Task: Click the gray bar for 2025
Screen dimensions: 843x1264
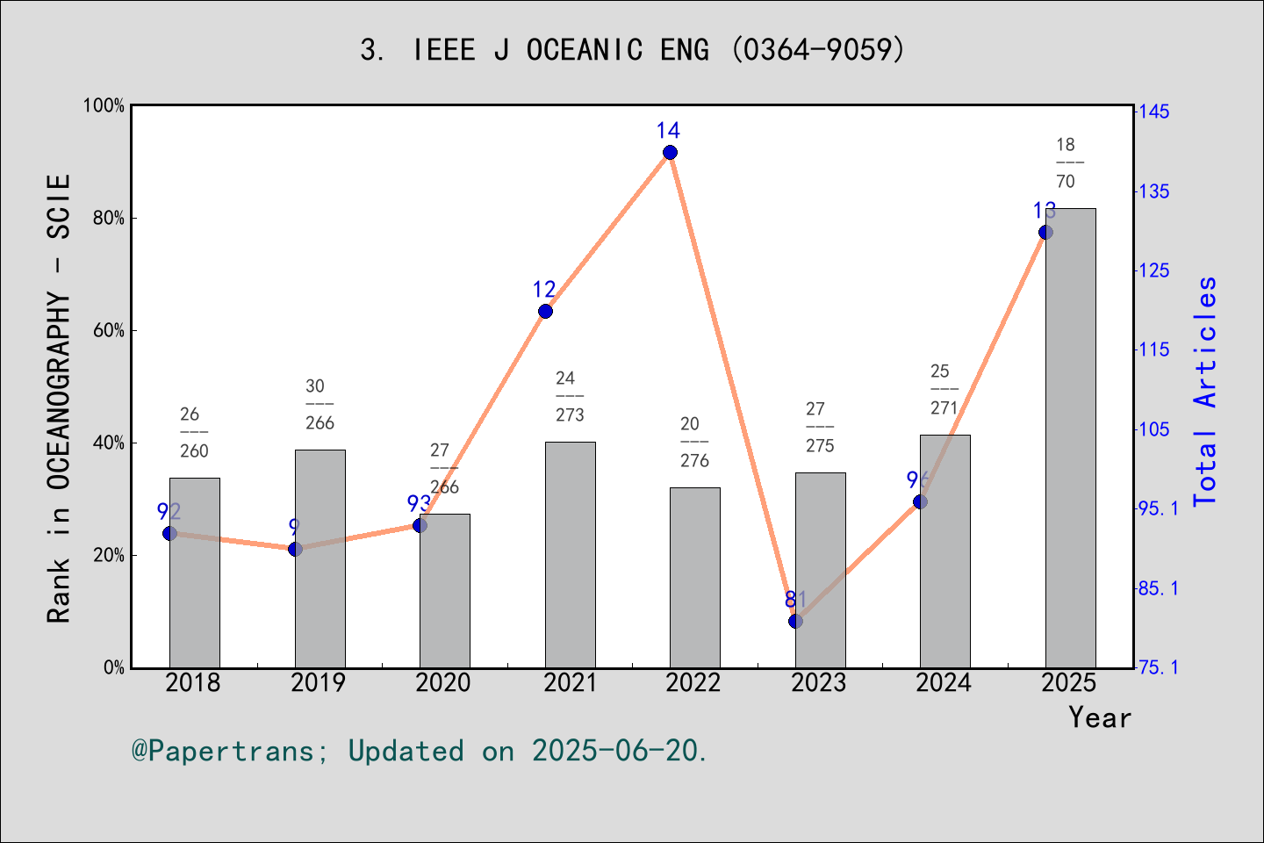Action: click(x=1070, y=439)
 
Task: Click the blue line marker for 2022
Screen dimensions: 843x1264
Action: click(x=670, y=153)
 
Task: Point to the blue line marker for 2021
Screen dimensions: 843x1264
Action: click(x=545, y=311)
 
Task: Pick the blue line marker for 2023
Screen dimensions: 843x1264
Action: click(x=795, y=621)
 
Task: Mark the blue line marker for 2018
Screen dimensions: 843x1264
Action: click(x=170, y=533)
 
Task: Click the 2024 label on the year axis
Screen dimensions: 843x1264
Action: click(x=944, y=682)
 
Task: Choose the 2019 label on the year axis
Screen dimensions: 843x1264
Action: click(x=319, y=682)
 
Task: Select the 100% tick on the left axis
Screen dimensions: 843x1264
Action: click(x=104, y=105)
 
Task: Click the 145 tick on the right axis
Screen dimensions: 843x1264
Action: click(x=1153, y=112)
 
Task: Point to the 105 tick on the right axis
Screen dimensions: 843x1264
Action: click(x=1153, y=429)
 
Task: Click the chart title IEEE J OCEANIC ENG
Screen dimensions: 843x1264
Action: click(x=632, y=49)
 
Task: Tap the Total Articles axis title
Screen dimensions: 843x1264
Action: click(x=1206, y=391)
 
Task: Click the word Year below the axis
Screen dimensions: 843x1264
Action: click(x=1099, y=717)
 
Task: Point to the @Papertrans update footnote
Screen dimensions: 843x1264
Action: click(x=420, y=751)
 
